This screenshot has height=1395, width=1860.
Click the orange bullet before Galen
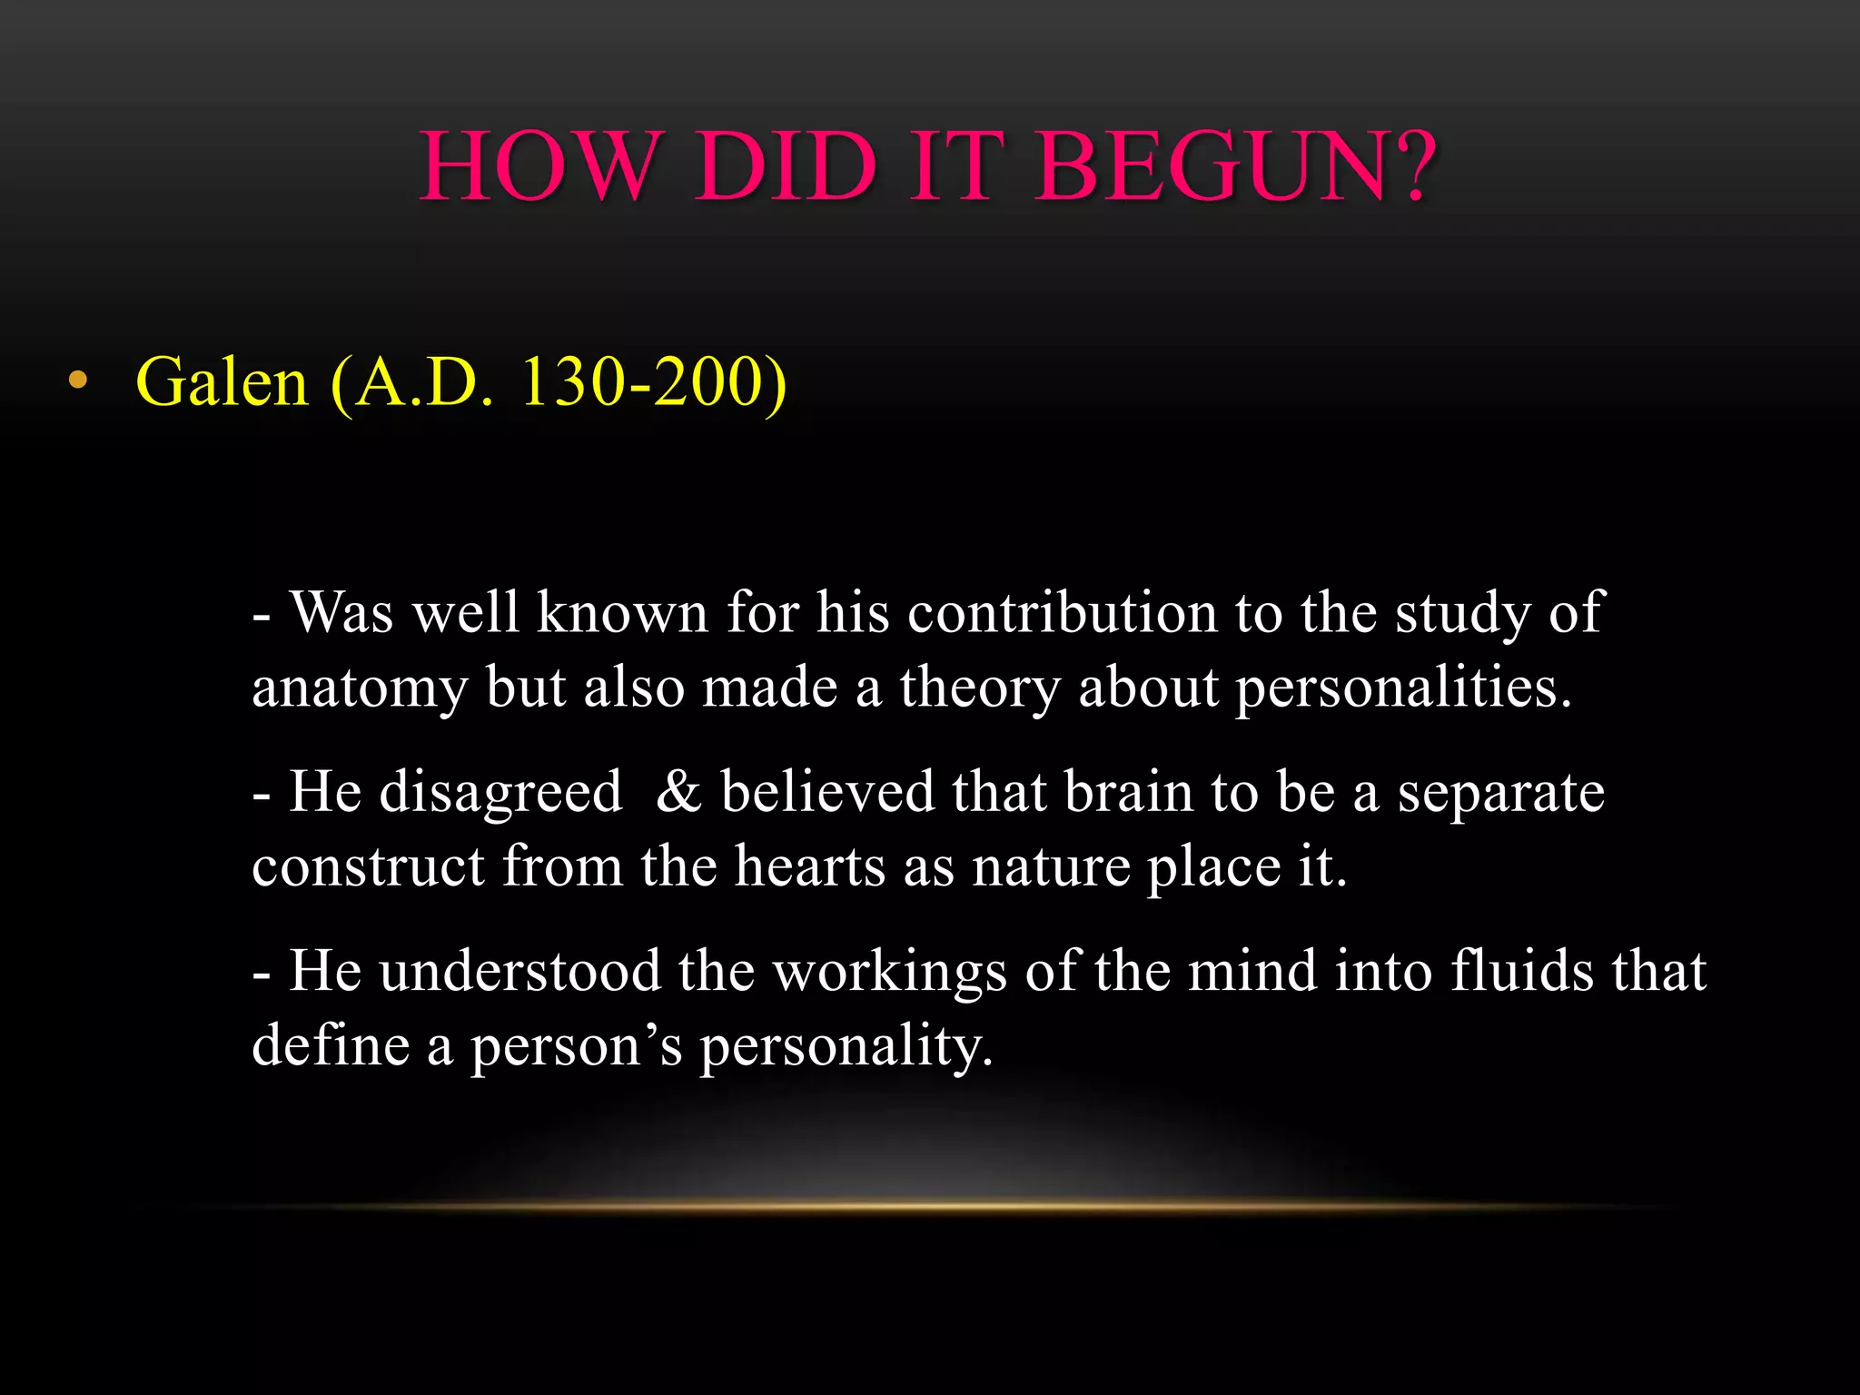78,381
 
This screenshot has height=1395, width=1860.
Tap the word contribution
1062,612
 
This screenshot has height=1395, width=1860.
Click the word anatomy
360,688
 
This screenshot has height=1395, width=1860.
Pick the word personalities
1404,687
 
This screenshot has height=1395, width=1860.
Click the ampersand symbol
678,791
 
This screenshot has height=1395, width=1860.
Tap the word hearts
809,866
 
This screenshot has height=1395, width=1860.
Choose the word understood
520,971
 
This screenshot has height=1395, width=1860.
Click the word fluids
1522,971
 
